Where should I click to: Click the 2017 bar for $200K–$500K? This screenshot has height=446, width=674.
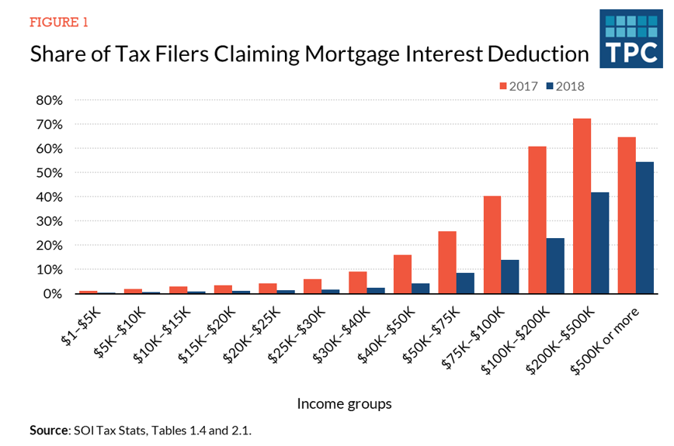pyautogui.click(x=582, y=206)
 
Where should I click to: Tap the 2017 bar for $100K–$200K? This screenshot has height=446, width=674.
pyautogui.click(x=537, y=220)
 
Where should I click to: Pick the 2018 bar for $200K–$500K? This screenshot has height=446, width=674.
pyautogui.click(x=599, y=243)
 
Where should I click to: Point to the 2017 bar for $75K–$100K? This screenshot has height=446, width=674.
pyautogui.click(x=492, y=245)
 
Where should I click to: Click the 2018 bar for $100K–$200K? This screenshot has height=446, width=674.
pyautogui.click(x=554, y=266)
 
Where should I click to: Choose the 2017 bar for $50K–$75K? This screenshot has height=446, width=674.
pyautogui.click(x=446, y=263)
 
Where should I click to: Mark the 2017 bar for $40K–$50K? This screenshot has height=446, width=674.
pyautogui.click(x=401, y=275)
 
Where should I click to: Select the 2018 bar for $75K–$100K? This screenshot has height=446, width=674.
pyautogui.click(x=509, y=277)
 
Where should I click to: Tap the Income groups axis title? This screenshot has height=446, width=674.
pyautogui.click(x=344, y=404)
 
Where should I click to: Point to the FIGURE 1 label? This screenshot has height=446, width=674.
pyautogui.click(x=58, y=22)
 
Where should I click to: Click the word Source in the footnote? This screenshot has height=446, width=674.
pyautogui.click(x=48, y=428)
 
